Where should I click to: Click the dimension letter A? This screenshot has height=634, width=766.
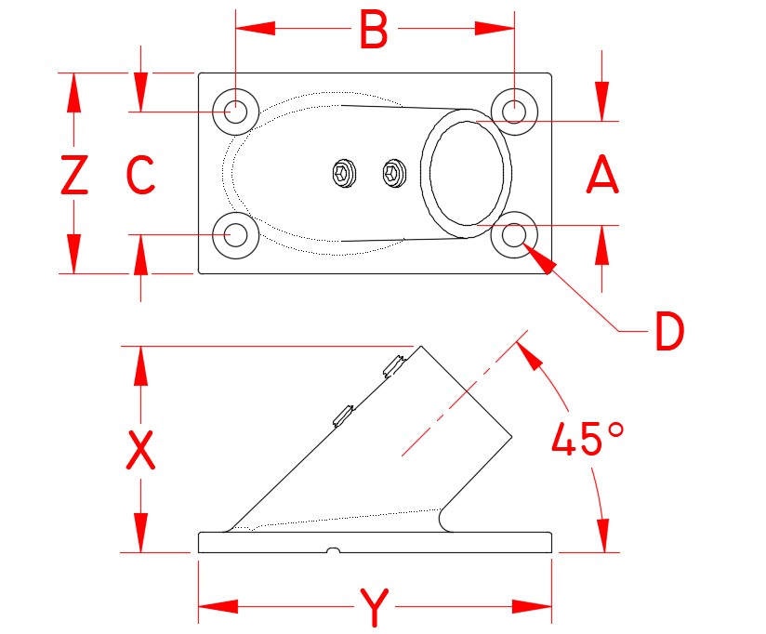[602, 175]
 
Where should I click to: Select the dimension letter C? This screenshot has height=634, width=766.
[140, 175]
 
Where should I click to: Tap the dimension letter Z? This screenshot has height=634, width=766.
[74, 175]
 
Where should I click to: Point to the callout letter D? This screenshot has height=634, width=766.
[668, 332]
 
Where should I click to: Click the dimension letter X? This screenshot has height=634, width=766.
[140, 451]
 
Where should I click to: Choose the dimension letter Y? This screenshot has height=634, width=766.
[374, 610]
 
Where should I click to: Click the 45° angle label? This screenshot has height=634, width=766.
[588, 440]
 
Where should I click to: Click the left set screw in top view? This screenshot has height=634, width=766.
[344, 173]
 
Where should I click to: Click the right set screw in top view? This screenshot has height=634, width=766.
[395, 172]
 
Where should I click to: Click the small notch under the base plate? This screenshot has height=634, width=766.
[332, 552]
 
